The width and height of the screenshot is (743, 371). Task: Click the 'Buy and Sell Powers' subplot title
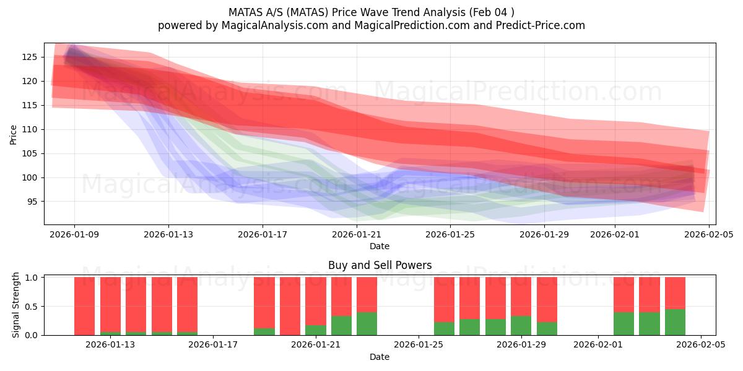click(x=380, y=265)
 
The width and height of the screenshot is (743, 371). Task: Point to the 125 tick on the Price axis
click(x=30, y=58)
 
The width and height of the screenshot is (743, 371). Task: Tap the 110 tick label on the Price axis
click(x=30, y=129)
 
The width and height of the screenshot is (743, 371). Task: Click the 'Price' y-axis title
click(x=14, y=134)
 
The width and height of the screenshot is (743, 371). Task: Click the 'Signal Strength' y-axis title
click(x=16, y=305)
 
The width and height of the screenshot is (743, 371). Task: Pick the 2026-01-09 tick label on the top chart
click(x=75, y=234)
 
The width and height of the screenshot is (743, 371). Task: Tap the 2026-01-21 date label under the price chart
click(x=357, y=234)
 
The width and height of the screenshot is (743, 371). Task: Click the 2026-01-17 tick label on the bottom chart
click(x=213, y=345)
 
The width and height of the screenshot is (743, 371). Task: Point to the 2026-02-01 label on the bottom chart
click(x=598, y=345)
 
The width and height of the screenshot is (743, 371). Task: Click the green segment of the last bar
click(x=675, y=322)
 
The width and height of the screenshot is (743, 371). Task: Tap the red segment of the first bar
click(x=84, y=305)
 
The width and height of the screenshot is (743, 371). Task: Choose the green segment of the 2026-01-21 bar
click(x=316, y=330)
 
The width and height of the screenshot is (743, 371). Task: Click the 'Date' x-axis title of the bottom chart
click(x=380, y=357)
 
